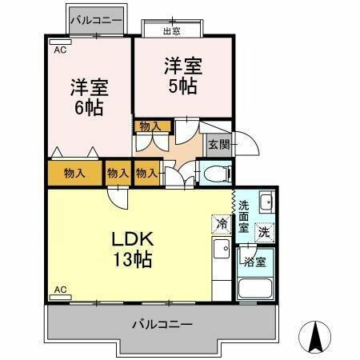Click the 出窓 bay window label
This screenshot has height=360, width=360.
(170, 31)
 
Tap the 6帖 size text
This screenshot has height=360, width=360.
(89, 106)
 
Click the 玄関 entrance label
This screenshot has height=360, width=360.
(218, 144)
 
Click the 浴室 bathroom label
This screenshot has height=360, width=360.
(255, 261)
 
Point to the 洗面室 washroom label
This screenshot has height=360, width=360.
(244, 216)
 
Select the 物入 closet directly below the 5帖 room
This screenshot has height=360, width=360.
(151, 126)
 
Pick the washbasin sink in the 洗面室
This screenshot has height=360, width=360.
(266, 201)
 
